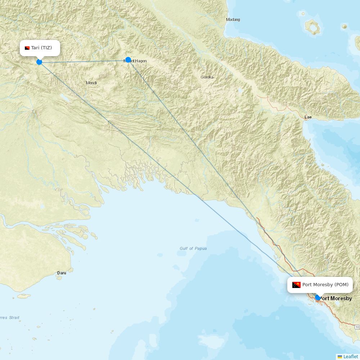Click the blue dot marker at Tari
39,62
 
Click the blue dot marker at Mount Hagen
128,60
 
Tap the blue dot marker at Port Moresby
318,297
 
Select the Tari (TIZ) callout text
41,48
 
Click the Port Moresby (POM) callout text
325,285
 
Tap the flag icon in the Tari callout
27,48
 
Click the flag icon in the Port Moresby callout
296,285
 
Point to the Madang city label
233,19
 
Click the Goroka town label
207,77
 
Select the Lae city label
308,117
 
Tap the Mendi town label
91,83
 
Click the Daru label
62,273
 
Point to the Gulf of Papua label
193,248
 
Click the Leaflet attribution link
350,356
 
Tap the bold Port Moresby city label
336,298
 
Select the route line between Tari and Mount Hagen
83,61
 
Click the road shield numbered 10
357,327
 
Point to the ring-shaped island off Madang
312,27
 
